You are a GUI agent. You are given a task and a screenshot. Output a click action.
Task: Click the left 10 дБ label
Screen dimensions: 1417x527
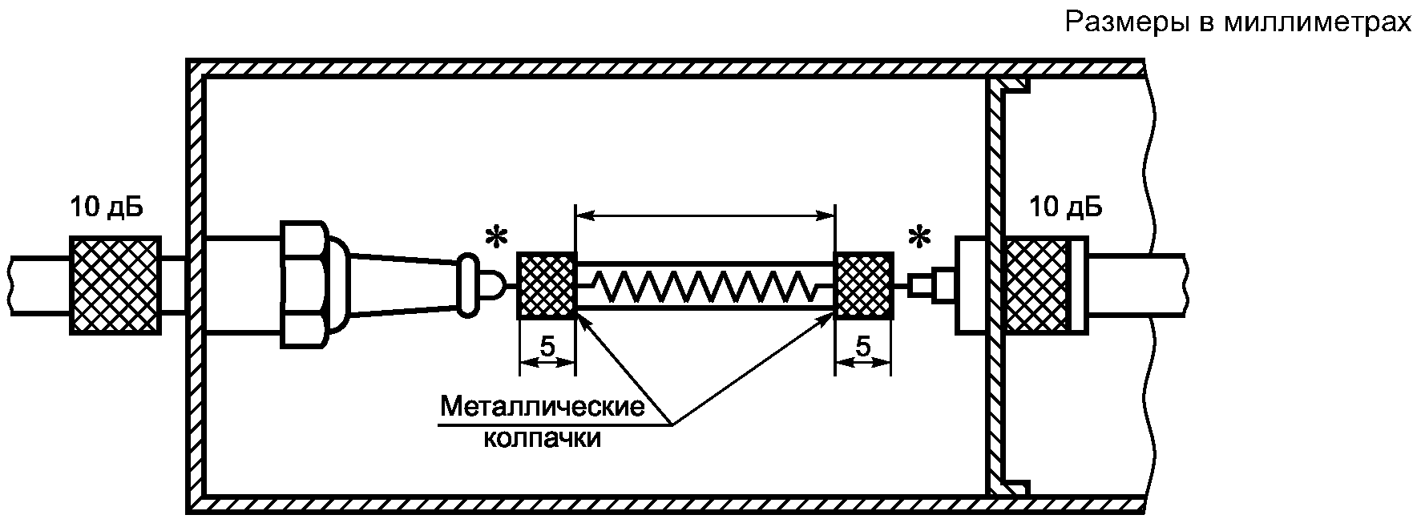click(106, 207)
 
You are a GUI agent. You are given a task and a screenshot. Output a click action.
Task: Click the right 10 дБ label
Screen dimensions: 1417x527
click(1065, 207)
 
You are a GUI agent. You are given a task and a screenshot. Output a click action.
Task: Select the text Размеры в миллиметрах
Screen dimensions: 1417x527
click(1237, 22)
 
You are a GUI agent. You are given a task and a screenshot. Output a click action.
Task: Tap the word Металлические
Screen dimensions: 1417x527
click(543, 407)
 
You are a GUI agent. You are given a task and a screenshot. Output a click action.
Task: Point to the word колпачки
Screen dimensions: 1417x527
click(543, 439)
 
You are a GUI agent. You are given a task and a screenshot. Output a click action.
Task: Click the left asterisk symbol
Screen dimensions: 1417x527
click(497, 238)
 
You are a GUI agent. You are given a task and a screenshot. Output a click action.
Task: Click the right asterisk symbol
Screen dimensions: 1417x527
click(919, 238)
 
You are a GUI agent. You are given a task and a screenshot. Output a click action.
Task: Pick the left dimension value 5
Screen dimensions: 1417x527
click(547, 347)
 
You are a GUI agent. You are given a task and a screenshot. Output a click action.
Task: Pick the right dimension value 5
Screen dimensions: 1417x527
click(863, 347)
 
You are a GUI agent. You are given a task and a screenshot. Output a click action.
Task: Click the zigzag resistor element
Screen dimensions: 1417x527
click(705, 284)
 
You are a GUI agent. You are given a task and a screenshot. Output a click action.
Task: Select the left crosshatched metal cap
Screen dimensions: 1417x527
click(547, 285)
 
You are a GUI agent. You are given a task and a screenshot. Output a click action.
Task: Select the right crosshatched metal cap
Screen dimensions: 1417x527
click(864, 285)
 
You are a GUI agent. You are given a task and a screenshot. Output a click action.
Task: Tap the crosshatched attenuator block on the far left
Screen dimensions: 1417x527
click(115, 285)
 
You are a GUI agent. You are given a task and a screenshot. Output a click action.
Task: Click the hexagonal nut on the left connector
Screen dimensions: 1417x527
click(304, 285)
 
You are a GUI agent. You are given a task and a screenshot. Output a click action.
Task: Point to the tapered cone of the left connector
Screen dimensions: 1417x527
click(406, 285)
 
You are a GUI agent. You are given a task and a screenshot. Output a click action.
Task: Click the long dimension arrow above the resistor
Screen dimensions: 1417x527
click(705, 215)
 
